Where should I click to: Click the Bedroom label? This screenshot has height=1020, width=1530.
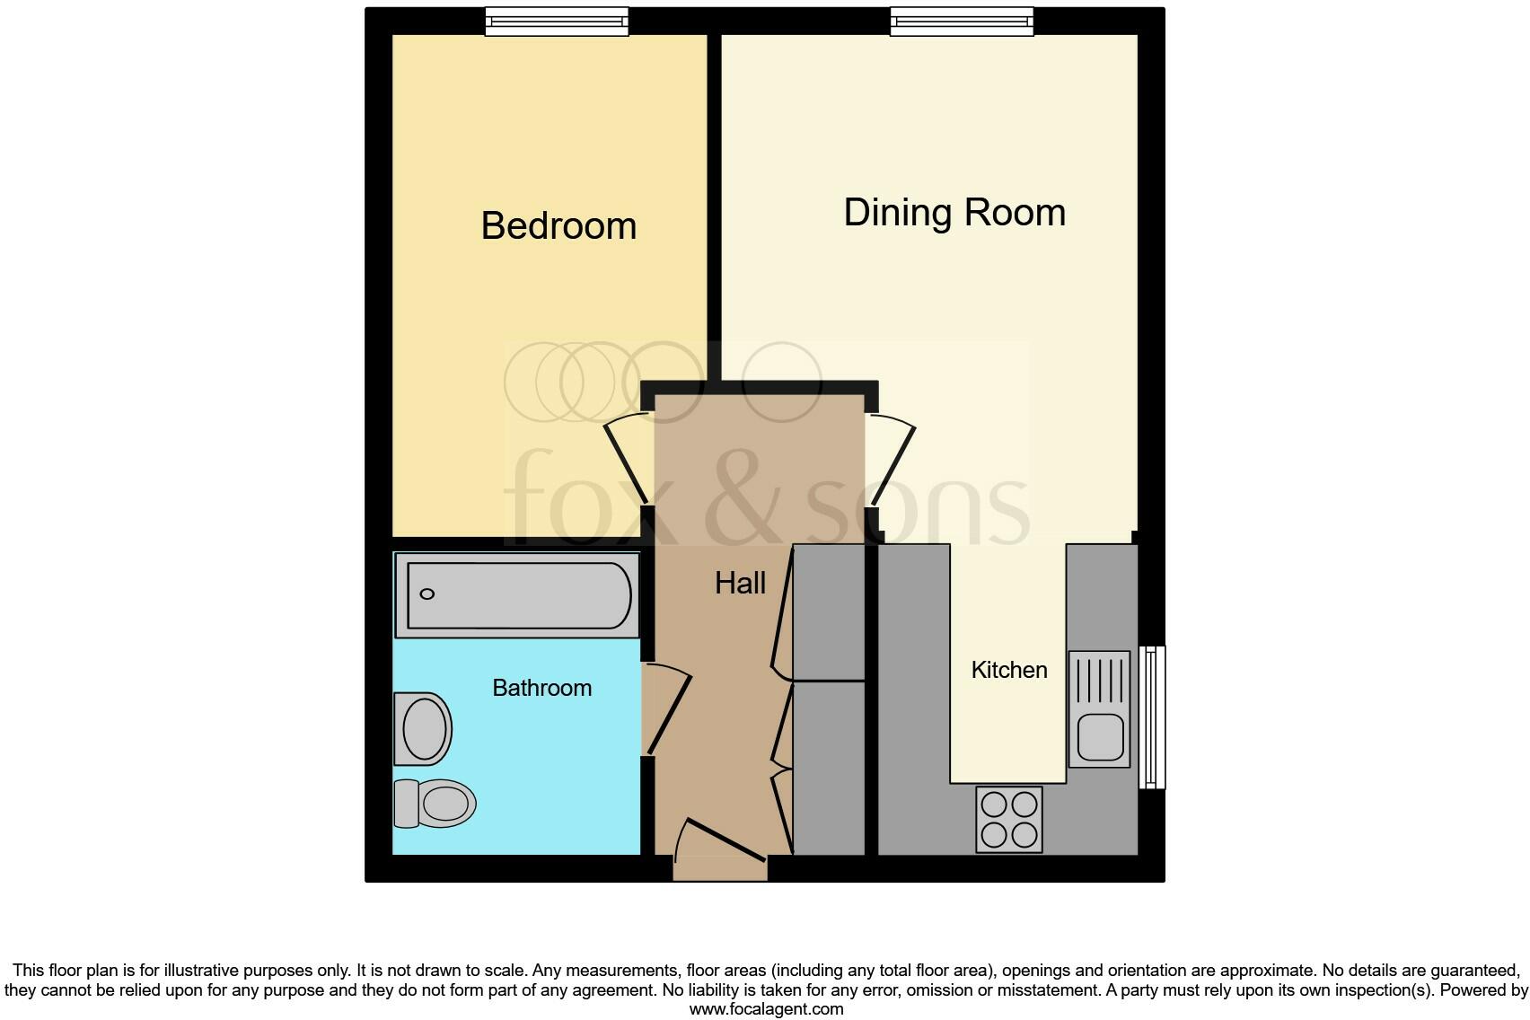pyautogui.click(x=558, y=225)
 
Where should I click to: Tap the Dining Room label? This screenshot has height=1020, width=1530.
pyautogui.click(x=954, y=213)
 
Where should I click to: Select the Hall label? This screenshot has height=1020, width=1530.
pyautogui.click(x=740, y=584)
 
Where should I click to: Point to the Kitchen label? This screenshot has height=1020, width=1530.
pyautogui.click(x=1009, y=670)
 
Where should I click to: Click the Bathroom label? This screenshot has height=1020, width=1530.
pyautogui.click(x=541, y=688)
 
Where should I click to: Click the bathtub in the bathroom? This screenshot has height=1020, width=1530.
pyautogui.click(x=518, y=595)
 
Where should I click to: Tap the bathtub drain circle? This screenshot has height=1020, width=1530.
pyautogui.click(x=427, y=594)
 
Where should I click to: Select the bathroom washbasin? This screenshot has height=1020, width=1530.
pyautogui.click(x=423, y=728)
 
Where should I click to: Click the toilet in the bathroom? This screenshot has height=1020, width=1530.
pyautogui.click(x=436, y=803)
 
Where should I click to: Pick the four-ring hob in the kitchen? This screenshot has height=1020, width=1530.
pyautogui.click(x=1009, y=820)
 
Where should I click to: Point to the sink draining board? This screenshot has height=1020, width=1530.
pyautogui.click(x=1100, y=681)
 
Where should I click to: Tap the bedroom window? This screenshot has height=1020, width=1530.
pyautogui.click(x=557, y=22)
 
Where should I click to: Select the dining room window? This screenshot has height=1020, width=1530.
pyautogui.click(x=962, y=22)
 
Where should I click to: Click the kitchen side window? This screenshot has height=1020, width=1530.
pyautogui.click(x=1152, y=717)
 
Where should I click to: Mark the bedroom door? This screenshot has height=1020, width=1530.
pyautogui.click(x=628, y=462)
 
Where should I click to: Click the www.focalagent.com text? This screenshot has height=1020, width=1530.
pyautogui.click(x=766, y=1009)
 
